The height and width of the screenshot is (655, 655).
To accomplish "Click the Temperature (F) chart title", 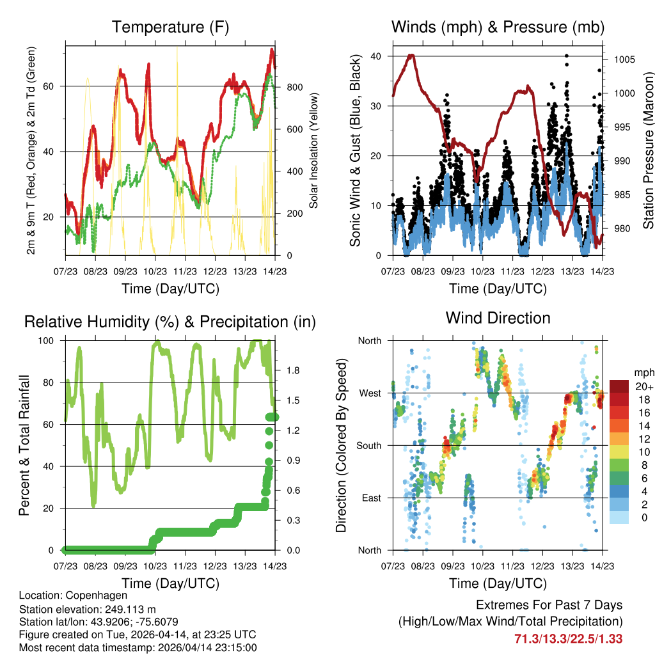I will tap(170, 28).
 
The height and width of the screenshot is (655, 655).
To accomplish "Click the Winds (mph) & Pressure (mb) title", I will tap(498, 28).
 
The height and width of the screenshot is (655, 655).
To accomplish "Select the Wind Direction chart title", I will tap(498, 318).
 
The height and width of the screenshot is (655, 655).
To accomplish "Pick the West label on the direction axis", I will tap(370, 393).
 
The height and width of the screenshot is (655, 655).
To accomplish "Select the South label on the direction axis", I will tap(368, 445).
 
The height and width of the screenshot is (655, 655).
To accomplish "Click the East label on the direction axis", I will tap(371, 498).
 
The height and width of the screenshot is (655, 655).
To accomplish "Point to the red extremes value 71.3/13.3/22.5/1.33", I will tap(568, 638).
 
